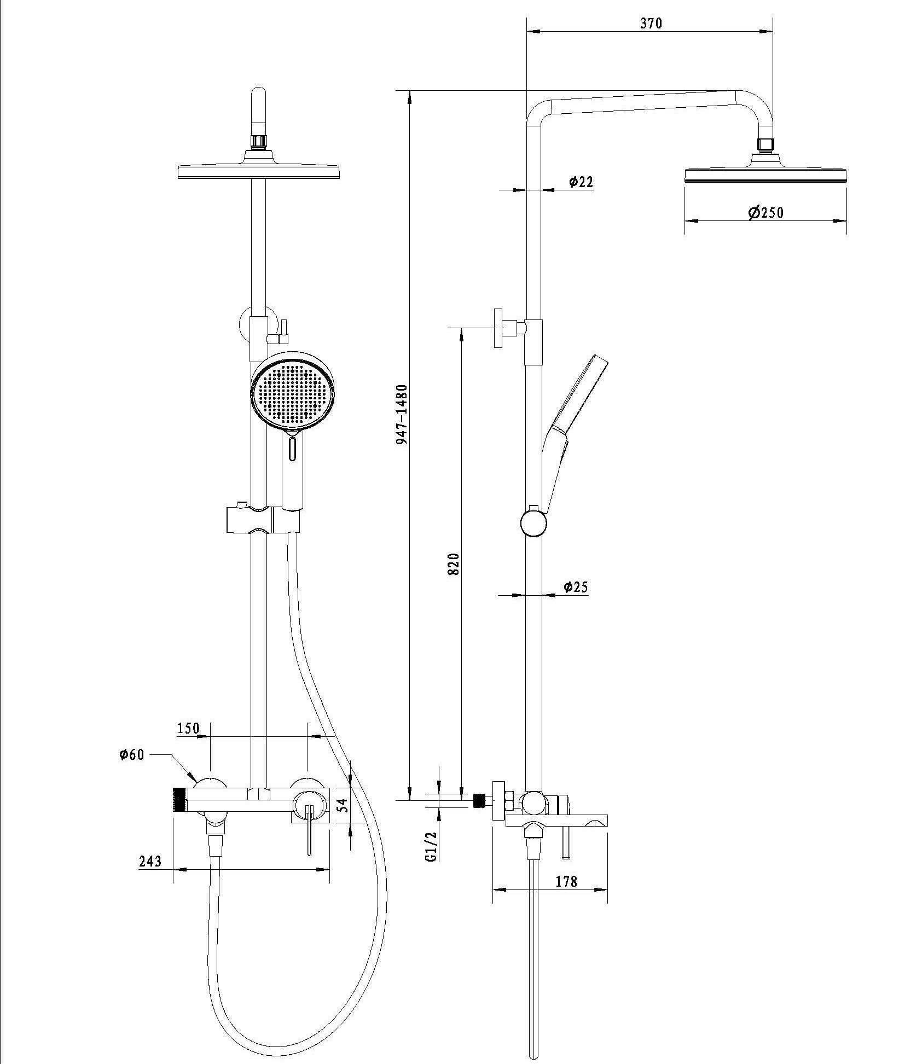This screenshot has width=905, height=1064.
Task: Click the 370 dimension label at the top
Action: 650,23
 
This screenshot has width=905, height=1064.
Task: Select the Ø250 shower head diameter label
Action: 766,212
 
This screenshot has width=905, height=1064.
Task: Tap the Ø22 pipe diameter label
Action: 581,182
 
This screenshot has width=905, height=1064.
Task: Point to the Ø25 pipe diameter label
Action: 576,587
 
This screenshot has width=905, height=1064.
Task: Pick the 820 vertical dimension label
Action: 454,564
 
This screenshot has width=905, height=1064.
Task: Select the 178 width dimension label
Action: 566,882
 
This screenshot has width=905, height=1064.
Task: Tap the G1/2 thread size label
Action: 432,847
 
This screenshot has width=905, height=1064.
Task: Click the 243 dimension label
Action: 150,861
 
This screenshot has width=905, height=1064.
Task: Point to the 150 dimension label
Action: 188,728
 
